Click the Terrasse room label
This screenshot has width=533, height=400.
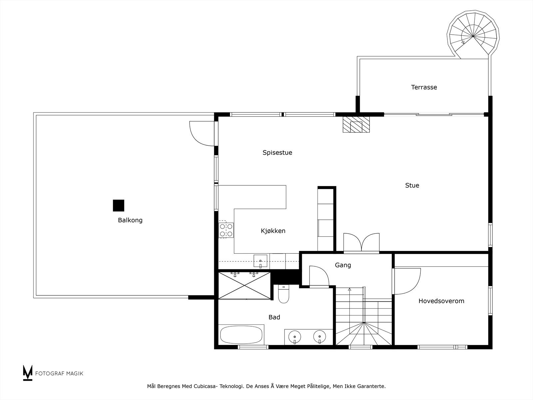tap(424, 87)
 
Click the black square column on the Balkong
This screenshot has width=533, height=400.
tap(119, 206)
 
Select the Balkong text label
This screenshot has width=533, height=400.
tap(130, 220)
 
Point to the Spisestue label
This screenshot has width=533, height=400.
tap(277, 153)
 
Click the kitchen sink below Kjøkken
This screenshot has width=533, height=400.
tap(260, 261)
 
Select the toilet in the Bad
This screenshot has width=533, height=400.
tap(283, 294)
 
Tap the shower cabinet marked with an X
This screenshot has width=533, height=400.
tap(245, 286)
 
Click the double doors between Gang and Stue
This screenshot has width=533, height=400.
tap(361, 242)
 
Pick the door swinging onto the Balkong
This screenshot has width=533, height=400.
tap(202, 133)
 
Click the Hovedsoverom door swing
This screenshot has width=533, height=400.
tap(407, 281)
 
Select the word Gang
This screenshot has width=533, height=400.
tap(343, 265)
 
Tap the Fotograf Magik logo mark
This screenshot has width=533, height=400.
tap(28, 373)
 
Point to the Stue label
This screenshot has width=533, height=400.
tap(412, 186)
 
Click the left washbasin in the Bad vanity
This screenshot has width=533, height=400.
tap(295, 337)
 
